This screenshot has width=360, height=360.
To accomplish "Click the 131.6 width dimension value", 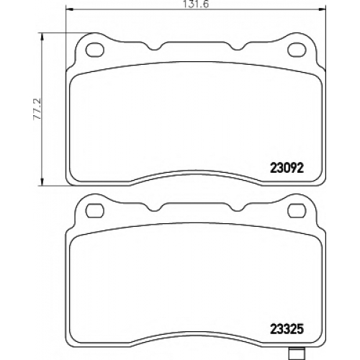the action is click(196, 4).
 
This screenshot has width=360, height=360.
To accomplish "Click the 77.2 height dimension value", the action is click(37, 109).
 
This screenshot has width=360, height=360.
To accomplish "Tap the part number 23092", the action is click(287, 168).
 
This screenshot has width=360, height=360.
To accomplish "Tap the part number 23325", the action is click(287, 329).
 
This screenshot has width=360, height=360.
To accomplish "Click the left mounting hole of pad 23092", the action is click(95, 50).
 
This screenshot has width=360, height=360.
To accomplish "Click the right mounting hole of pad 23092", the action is click(297, 50).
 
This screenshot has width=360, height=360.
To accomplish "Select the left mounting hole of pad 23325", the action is click(94, 210).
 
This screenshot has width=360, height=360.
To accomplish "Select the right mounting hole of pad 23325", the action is click(297, 210).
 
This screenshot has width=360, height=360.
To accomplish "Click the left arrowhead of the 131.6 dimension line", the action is click(69, 9).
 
